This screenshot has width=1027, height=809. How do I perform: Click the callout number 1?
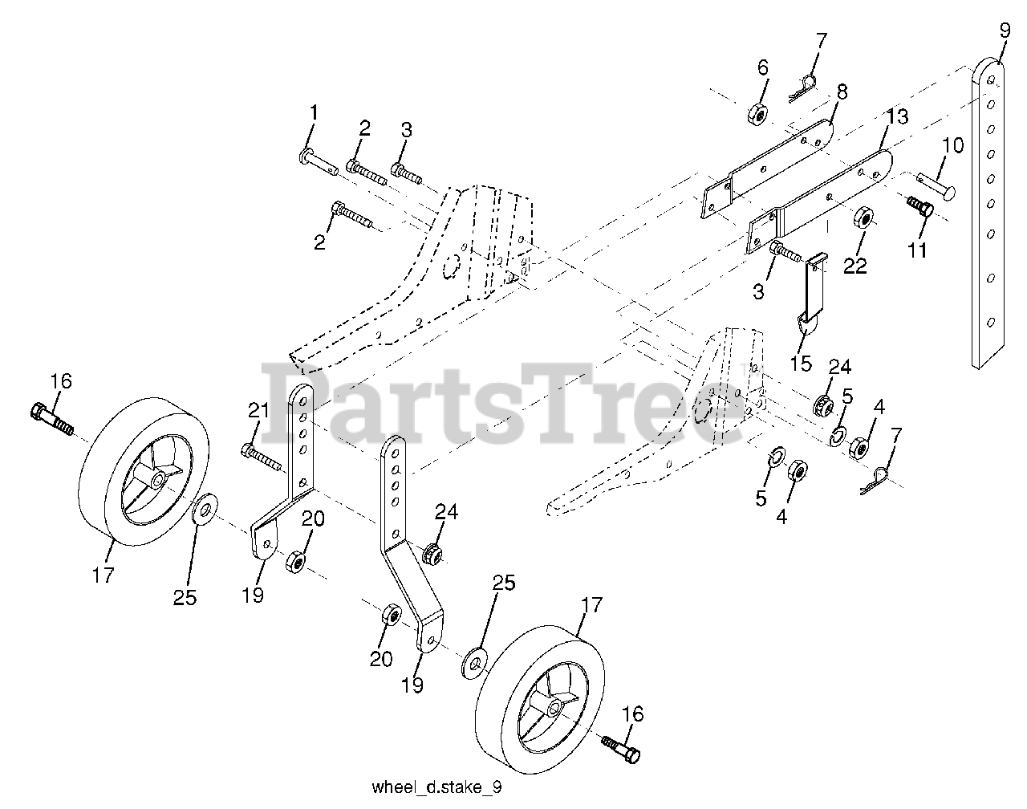point(314,113)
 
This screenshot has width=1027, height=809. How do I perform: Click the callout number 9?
point(1005,35)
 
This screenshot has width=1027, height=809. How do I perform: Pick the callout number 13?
point(897,117)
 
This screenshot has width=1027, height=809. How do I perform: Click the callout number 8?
point(841,91)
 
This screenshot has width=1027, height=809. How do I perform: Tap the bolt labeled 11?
point(919,206)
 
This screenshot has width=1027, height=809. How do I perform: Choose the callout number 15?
point(800,364)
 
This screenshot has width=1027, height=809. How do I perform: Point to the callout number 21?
point(258,412)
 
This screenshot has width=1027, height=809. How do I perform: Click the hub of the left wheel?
point(156,479)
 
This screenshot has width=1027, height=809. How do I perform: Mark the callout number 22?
point(855,266)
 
